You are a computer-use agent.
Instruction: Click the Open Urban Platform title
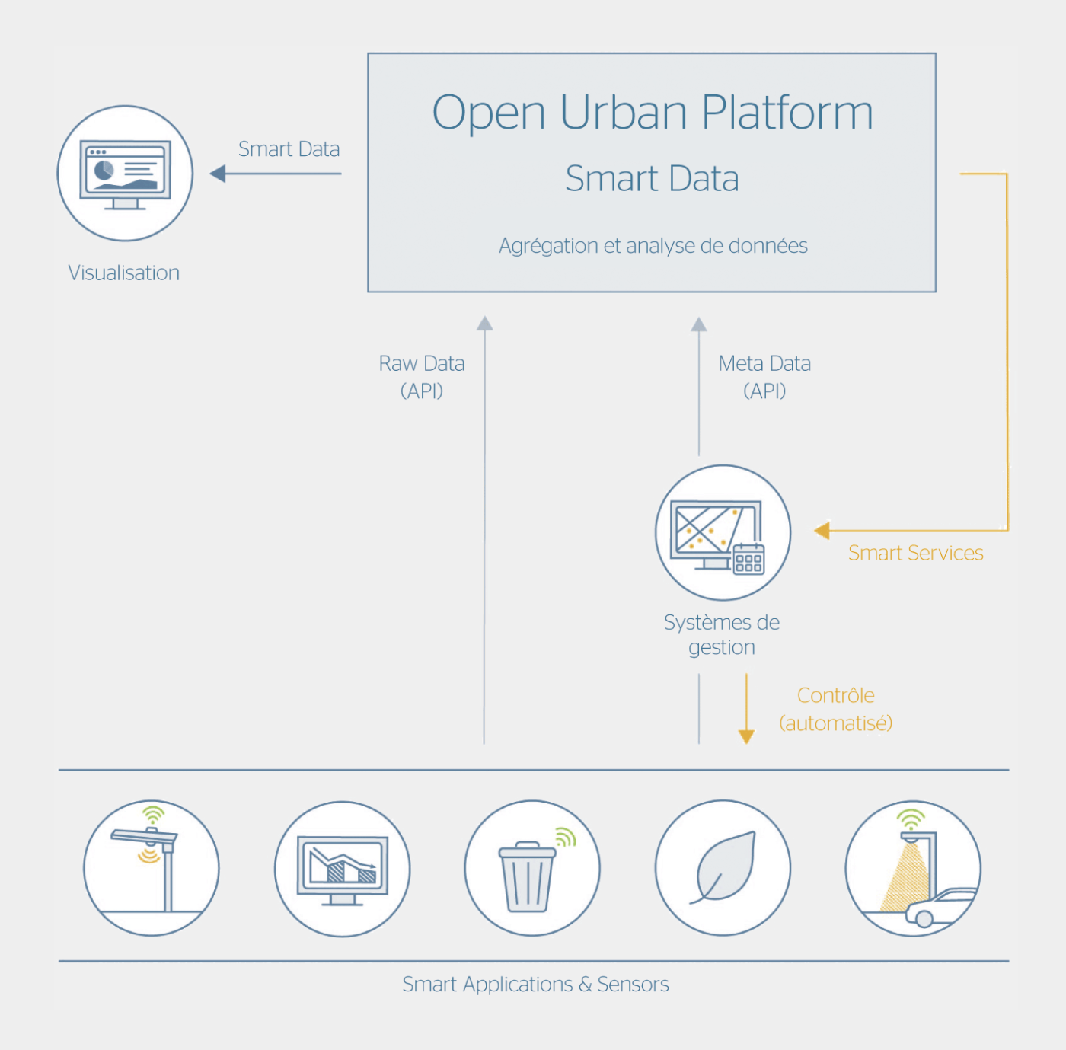coord(652,113)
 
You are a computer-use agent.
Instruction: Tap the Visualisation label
coord(124,273)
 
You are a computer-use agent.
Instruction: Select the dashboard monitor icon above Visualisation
coord(126,174)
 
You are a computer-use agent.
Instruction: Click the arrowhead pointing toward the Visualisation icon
coord(218,174)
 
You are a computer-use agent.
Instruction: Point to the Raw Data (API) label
coord(422,377)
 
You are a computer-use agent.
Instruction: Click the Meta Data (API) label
coord(764,377)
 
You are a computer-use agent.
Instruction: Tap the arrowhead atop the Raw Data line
coord(484,324)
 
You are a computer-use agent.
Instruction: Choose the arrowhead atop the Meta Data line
coord(699,324)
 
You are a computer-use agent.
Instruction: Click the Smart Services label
coord(915,553)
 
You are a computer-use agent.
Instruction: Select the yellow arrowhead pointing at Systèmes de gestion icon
coord(822,531)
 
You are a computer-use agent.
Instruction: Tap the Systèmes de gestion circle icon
coord(723,533)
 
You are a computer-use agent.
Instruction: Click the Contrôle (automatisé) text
coord(835,709)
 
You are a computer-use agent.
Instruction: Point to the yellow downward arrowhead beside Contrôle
coord(746,736)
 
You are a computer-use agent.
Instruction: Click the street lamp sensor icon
coord(152,867)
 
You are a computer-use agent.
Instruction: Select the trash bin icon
coord(527,876)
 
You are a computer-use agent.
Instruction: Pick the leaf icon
coord(724,868)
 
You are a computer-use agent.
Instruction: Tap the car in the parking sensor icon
coord(940,908)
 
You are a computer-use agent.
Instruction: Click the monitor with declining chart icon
coord(343,868)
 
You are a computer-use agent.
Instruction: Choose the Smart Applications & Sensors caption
coord(535,985)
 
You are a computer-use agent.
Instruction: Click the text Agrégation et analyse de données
coord(653,246)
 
